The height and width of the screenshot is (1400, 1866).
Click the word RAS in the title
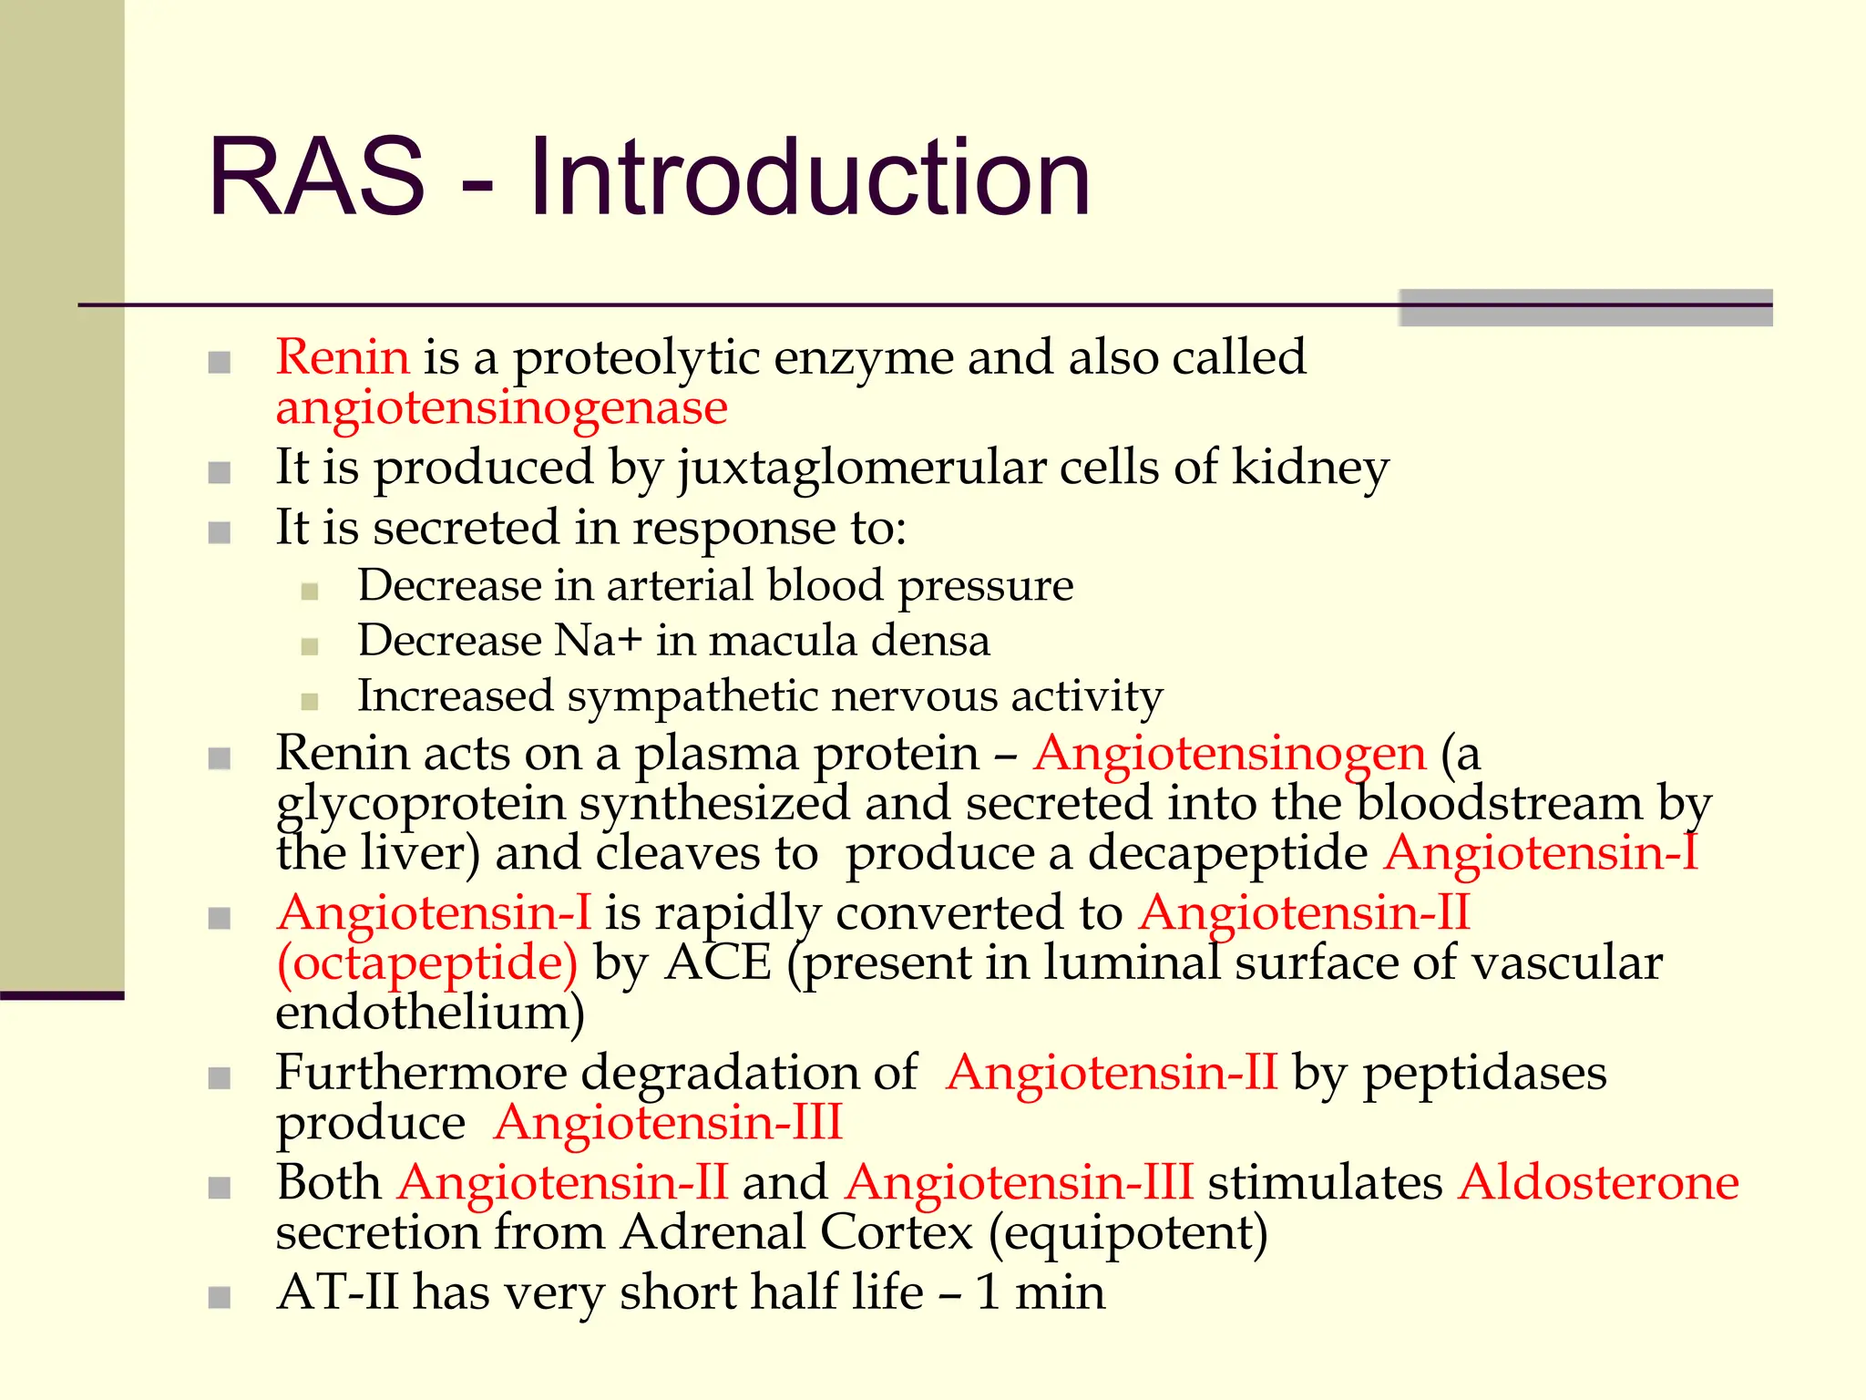point(316,178)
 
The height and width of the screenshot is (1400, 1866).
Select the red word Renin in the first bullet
point(343,356)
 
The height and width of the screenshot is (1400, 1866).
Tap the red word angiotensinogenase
point(501,407)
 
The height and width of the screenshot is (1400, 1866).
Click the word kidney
point(1310,468)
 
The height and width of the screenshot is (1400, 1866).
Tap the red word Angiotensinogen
point(1229,754)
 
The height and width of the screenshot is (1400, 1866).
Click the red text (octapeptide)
point(426,963)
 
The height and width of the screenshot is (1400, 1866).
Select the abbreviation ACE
point(718,963)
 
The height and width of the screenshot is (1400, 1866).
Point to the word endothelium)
point(430,1013)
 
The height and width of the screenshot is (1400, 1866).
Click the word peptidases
point(1484,1073)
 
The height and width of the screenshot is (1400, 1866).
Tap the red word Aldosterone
point(1598,1183)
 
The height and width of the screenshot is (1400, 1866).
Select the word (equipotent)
point(1128,1233)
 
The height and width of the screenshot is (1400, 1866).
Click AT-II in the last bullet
point(337,1292)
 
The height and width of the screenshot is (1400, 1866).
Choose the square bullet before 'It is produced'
point(219,473)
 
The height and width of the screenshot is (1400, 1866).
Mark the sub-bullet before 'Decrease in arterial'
point(310,592)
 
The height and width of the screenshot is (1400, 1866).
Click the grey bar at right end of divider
point(1585,308)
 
